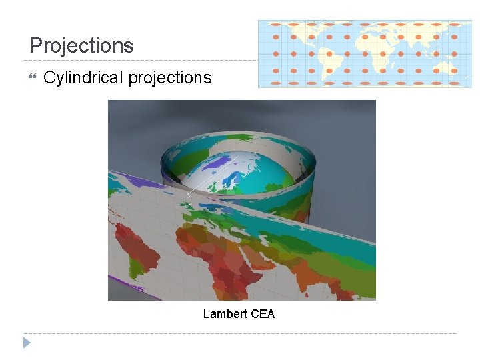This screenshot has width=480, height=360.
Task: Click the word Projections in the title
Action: point(81,45)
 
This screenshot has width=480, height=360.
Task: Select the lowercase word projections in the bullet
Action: point(170,78)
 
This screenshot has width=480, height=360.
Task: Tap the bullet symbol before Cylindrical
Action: point(32,77)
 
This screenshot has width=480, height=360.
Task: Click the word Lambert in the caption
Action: point(225,313)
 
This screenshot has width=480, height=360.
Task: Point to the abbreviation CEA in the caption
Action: point(263,313)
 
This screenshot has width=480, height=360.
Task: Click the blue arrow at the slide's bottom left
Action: point(27,343)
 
